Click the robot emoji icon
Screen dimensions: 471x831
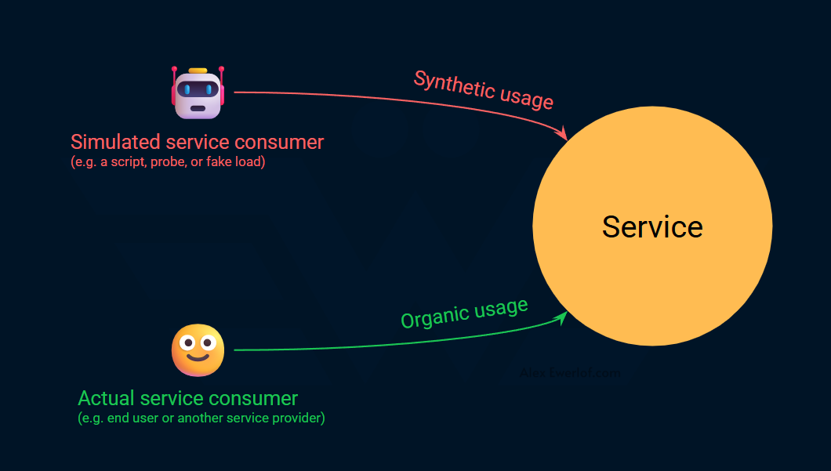point(198,93)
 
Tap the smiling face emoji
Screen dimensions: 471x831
point(198,350)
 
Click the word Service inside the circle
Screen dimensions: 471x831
point(652,226)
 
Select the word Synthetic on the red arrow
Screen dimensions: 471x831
point(448,84)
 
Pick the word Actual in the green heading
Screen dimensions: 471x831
point(106,398)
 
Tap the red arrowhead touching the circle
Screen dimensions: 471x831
point(561,135)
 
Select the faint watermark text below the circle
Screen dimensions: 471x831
point(570,373)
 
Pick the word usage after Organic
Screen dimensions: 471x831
point(501,308)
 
